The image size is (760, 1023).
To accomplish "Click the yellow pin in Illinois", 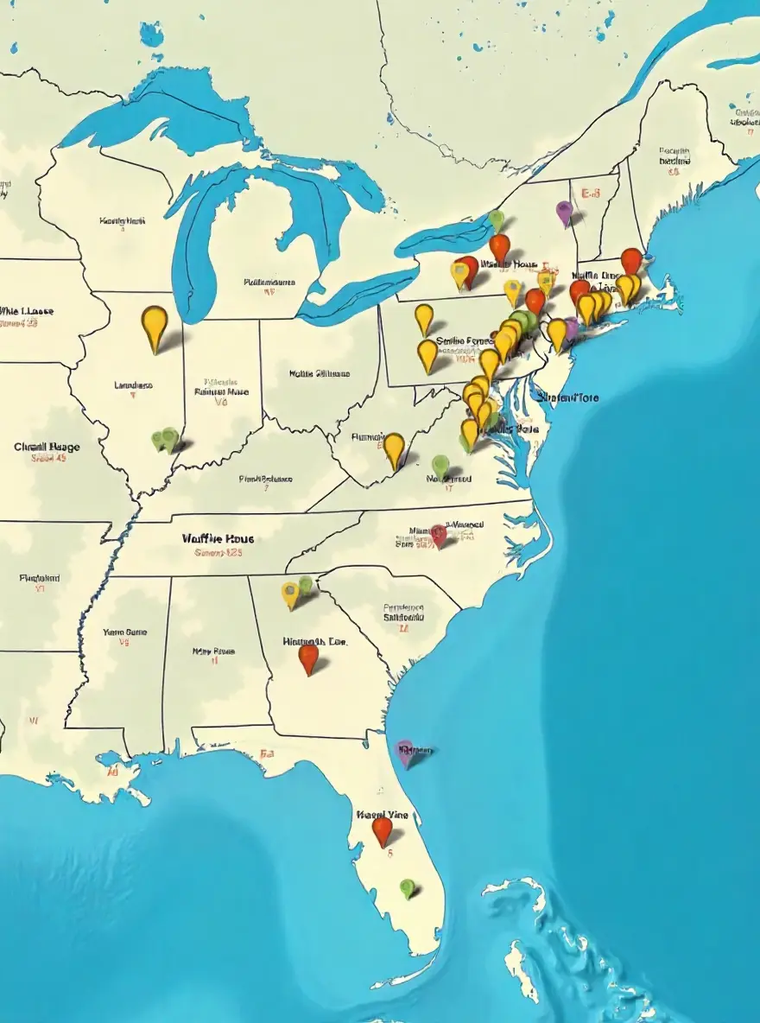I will pyautogui.click(x=155, y=325).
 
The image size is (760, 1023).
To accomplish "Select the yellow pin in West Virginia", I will pyautogui.click(x=394, y=448).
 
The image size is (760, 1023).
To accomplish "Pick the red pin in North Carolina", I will pyautogui.click(x=439, y=535).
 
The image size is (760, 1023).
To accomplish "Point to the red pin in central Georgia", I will pyautogui.click(x=308, y=657).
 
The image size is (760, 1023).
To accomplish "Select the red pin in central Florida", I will pyautogui.click(x=382, y=829).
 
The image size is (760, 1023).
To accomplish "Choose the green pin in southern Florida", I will pyautogui.click(x=408, y=886).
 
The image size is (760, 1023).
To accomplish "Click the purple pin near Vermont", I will pyautogui.click(x=564, y=211).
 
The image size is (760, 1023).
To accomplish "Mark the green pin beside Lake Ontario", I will pyautogui.click(x=496, y=220).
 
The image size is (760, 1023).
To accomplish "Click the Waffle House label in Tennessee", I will pyautogui.click(x=218, y=538).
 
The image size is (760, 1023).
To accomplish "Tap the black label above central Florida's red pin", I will pyautogui.click(x=382, y=814).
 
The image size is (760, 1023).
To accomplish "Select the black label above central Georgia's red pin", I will pyautogui.click(x=314, y=641).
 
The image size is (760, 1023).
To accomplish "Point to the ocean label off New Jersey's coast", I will pyautogui.click(x=567, y=397).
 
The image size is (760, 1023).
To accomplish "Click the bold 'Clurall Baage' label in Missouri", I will pyautogui.click(x=47, y=447).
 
